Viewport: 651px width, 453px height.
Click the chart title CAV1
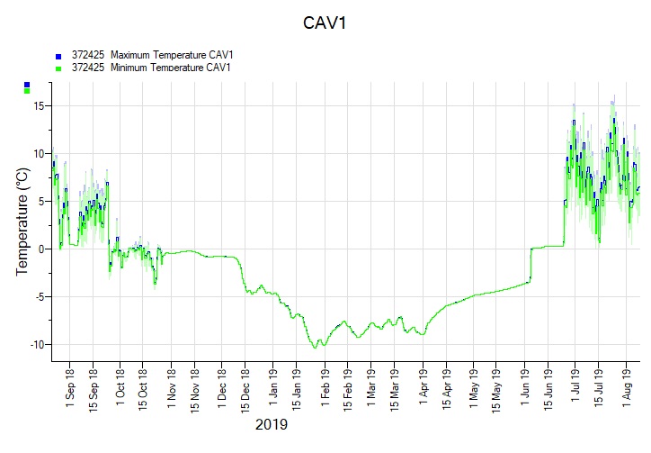[x=325, y=23]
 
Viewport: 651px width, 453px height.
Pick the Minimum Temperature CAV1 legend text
[x=151, y=68]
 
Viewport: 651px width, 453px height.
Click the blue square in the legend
[x=58, y=56]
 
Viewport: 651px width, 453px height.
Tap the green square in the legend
[x=58, y=68]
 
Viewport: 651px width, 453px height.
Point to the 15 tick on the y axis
[x=39, y=105]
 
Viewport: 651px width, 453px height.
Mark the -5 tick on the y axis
[x=39, y=297]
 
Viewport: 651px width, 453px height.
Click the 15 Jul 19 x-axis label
[x=600, y=392]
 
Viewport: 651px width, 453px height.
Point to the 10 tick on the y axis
[x=39, y=153]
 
